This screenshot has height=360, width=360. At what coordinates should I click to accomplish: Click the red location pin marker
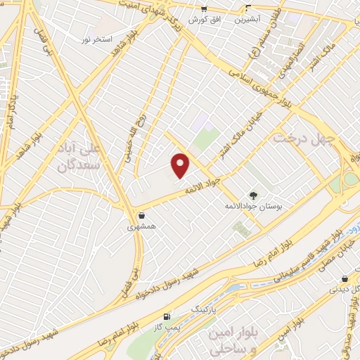tap(181, 165)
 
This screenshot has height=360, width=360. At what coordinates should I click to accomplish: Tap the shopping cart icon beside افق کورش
tap(204, 9)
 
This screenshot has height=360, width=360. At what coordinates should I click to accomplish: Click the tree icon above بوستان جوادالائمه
tap(252, 195)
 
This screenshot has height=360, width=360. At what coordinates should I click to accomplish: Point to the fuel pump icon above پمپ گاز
tap(166, 316)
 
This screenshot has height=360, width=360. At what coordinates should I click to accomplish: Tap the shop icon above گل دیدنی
tap(344, 278)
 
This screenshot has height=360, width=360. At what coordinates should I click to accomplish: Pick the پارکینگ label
tap(187, 309)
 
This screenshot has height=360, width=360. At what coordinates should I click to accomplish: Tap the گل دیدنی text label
tap(345, 289)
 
